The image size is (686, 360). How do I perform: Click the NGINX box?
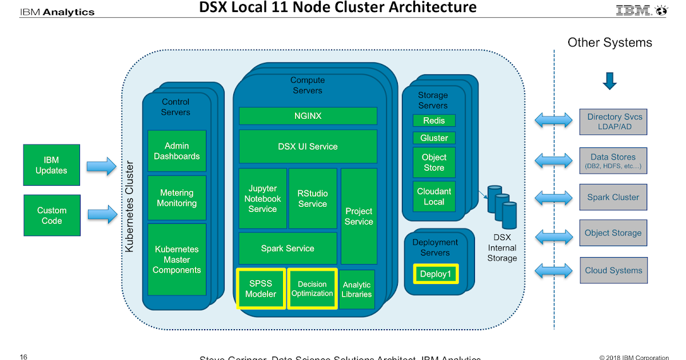pyautogui.click(x=308, y=115)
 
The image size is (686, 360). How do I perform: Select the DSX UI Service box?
pyautogui.click(x=308, y=146)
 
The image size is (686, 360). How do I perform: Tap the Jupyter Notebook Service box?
pyautogui.click(x=262, y=198)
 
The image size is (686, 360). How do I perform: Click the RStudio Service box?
pyautogui.click(x=313, y=198)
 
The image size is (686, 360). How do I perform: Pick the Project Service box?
pyautogui.click(x=358, y=215)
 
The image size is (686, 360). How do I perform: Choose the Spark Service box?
pyautogui.click(x=288, y=248)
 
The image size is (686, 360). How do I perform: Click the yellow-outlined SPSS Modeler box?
pyautogui.click(x=261, y=289)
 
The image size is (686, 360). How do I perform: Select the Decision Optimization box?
pyautogui.click(x=312, y=289)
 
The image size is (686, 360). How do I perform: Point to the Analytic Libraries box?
pyautogui.click(x=357, y=289)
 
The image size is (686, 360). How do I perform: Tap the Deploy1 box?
pyautogui.click(x=436, y=274)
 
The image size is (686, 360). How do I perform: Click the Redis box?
pyautogui.click(x=434, y=121)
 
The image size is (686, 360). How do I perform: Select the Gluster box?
pyautogui.click(x=434, y=138)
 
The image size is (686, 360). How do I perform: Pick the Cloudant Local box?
pyautogui.click(x=434, y=197)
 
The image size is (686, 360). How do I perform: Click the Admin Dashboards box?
pyautogui.click(x=177, y=151)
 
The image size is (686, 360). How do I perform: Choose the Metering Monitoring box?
pyautogui.click(x=177, y=198)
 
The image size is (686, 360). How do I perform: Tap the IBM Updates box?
pyautogui.click(x=51, y=165)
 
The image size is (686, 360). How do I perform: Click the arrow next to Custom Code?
pyautogui.click(x=102, y=215)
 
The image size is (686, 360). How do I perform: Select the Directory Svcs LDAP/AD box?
pyautogui.click(x=613, y=121)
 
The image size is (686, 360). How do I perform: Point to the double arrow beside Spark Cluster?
pyautogui.click(x=553, y=198)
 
